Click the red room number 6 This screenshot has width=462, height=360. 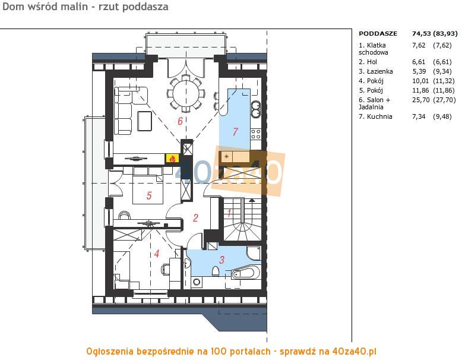tap(180, 121)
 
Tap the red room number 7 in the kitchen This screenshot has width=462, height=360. tap(235, 131)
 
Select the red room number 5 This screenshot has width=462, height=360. tap(149, 195)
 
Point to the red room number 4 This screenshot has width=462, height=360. tap(157, 254)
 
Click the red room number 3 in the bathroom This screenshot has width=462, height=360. tap(221, 260)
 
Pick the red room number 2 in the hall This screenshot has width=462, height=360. tap(195, 218)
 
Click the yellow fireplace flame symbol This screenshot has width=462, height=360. tap(172, 159)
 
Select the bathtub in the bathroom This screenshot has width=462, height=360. tap(245, 273)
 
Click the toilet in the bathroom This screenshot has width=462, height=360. tap(216, 271)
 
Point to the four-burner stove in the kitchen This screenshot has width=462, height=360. tap(255, 134)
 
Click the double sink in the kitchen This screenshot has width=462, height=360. tap(255, 109)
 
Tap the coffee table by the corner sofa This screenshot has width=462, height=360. tap(144, 121)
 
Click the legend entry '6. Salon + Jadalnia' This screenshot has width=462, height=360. tap(374, 103)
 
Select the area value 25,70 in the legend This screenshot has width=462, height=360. tap(421, 100)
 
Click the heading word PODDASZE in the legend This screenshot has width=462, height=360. tap(378, 34)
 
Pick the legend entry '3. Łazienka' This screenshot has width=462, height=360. tap(376, 71)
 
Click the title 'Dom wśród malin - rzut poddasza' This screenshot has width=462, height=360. tap(86, 7)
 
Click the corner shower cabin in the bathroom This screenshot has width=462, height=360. tap(254, 253)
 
